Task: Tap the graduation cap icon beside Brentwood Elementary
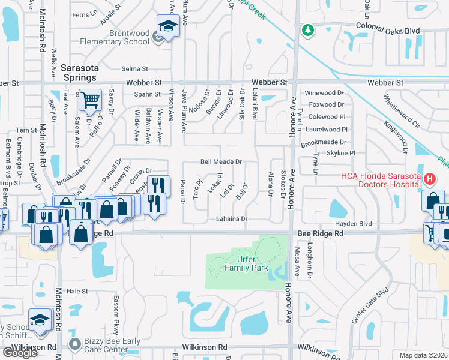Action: click(x=168, y=26)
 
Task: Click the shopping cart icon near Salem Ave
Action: click(x=90, y=100)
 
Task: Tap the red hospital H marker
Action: click(x=430, y=179)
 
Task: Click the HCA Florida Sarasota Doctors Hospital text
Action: click(x=379, y=180)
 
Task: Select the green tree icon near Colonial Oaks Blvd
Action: click(x=307, y=29)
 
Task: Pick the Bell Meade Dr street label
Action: click(x=221, y=162)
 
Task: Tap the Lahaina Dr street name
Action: click(x=232, y=220)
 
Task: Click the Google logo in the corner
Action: click(x=20, y=353)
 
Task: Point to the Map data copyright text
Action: click(x=423, y=355)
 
